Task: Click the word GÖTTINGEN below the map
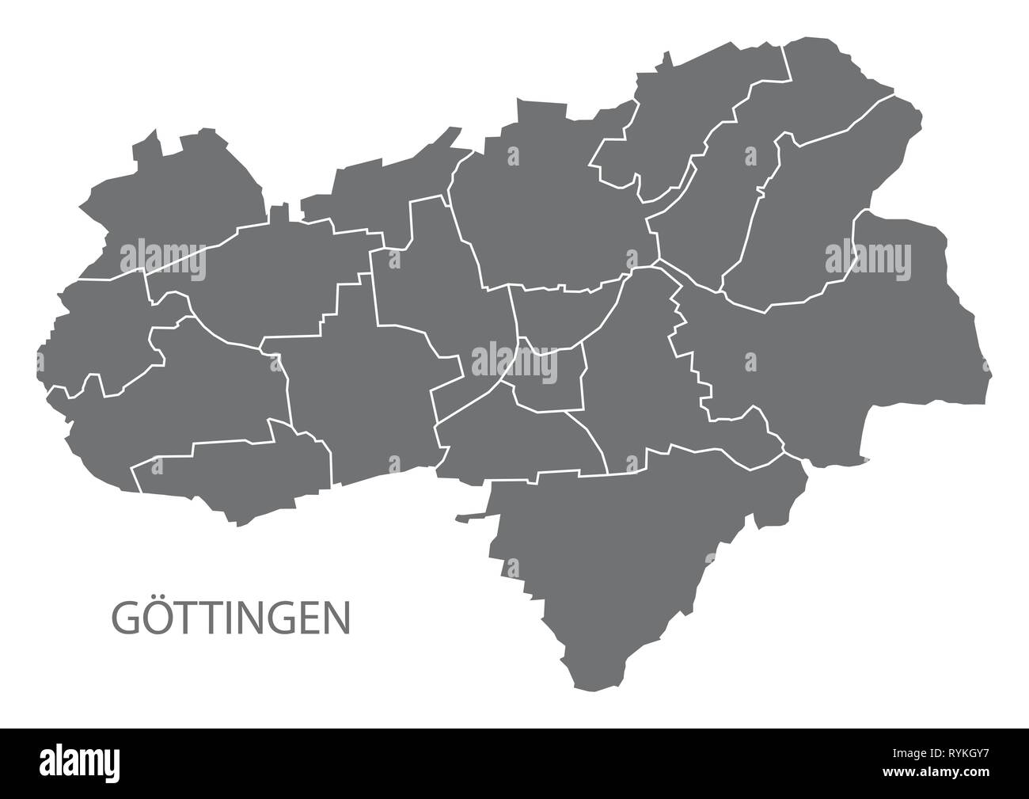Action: point(231,618)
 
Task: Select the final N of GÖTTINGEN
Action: point(338,618)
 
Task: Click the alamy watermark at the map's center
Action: point(514,360)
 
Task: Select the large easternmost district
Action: point(855,356)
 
